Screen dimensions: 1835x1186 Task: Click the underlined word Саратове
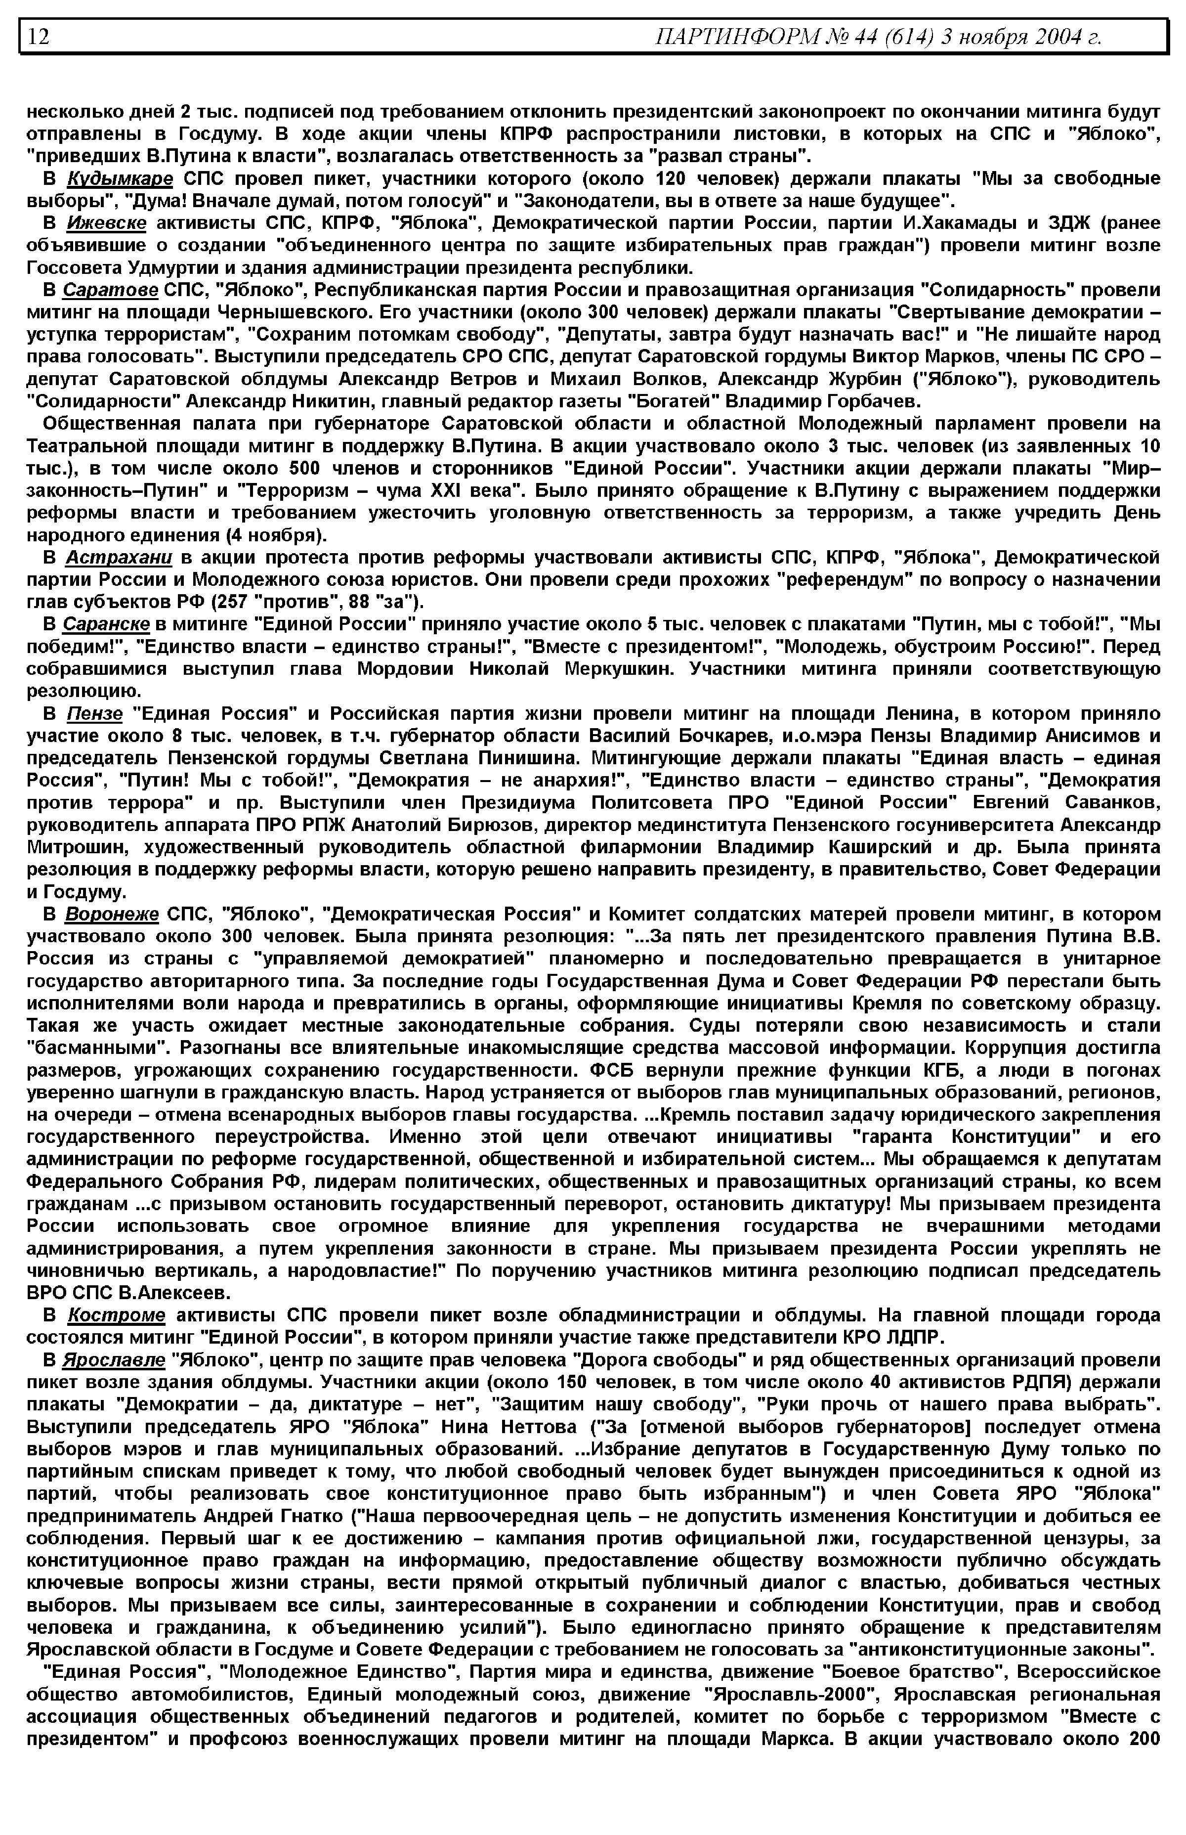(x=110, y=290)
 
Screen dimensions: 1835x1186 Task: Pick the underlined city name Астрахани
(x=119, y=557)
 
